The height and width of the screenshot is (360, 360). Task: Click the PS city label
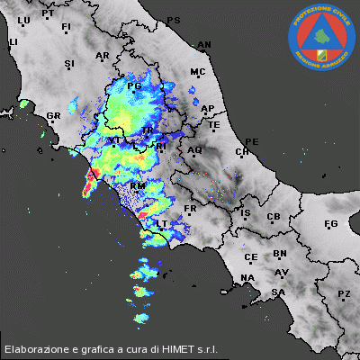[x=174, y=20]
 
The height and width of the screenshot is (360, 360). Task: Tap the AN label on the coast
[x=204, y=44]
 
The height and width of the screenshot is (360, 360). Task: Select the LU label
[x=23, y=19]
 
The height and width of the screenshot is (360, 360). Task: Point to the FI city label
[x=66, y=27]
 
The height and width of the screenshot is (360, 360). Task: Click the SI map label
[x=69, y=63]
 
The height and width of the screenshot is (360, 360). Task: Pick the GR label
[x=53, y=116]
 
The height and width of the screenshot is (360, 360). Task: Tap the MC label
[x=198, y=71]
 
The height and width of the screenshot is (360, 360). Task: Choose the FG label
[x=330, y=223]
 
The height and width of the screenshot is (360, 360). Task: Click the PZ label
[x=344, y=294]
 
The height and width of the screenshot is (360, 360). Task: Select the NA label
[x=247, y=276]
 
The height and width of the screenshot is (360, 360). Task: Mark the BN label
[x=280, y=255]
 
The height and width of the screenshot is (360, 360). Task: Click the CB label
[x=274, y=217]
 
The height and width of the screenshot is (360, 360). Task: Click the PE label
[x=252, y=141]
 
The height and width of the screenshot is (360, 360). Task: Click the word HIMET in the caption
[x=180, y=348]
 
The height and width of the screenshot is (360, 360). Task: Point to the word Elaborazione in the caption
[x=34, y=348]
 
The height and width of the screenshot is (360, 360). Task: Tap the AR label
[x=102, y=56]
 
